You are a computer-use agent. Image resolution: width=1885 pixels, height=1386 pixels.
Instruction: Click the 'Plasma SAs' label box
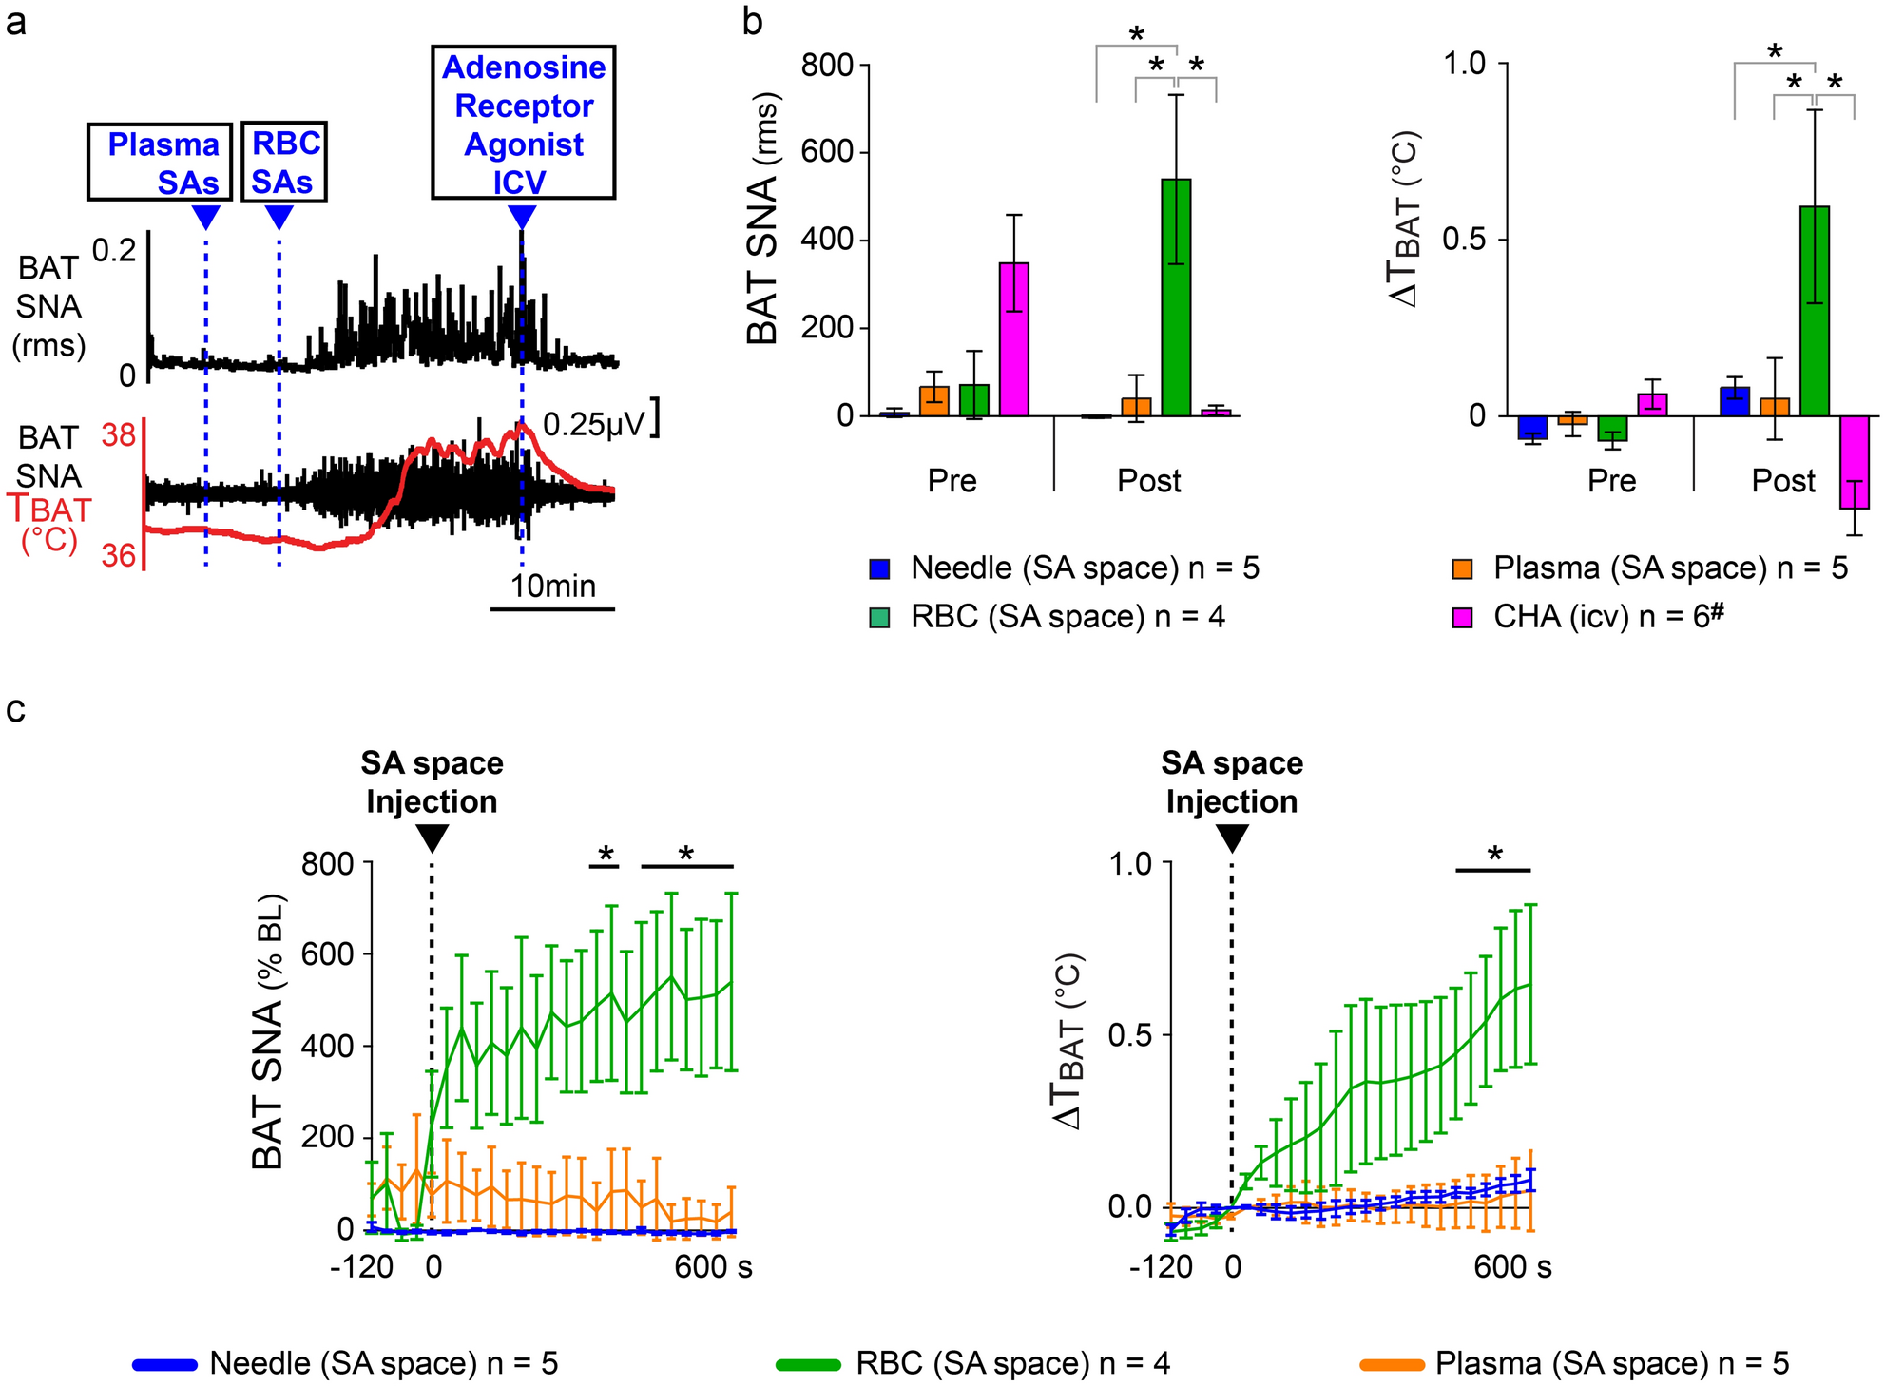pyautogui.click(x=160, y=162)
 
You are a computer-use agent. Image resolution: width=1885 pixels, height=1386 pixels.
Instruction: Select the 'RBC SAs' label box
pyautogui.click(x=284, y=162)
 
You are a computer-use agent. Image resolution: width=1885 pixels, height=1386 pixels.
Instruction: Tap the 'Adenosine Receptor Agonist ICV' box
pyautogui.click(x=524, y=123)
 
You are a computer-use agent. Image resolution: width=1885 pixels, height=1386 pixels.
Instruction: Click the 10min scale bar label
pyautogui.click(x=553, y=586)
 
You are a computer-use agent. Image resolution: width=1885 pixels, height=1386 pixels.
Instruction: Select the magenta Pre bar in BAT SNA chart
pyautogui.click(x=1013, y=339)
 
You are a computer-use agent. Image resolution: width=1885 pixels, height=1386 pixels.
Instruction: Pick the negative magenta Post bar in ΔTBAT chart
pyautogui.click(x=1854, y=462)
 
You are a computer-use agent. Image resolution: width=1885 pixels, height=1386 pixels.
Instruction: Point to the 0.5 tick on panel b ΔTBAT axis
pyautogui.click(x=1465, y=239)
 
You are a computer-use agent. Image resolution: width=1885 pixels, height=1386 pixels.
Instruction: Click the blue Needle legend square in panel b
pyautogui.click(x=880, y=568)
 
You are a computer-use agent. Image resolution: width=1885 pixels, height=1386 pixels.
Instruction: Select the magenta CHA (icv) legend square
pyautogui.click(x=1463, y=618)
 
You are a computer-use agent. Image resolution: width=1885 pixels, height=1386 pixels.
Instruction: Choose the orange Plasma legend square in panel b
pyautogui.click(x=1463, y=568)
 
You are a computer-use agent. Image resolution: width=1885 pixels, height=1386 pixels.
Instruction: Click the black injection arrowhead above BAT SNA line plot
pyautogui.click(x=433, y=837)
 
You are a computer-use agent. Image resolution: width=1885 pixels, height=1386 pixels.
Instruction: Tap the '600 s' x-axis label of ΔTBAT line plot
pyautogui.click(x=1512, y=1267)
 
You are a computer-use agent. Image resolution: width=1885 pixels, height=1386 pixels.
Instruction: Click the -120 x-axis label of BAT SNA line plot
pyautogui.click(x=362, y=1267)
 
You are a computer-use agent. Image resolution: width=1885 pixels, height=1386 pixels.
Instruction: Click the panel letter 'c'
pyautogui.click(x=15, y=709)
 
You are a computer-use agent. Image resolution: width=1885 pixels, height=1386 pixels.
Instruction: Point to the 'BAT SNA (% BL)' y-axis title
pyautogui.click(x=269, y=1031)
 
